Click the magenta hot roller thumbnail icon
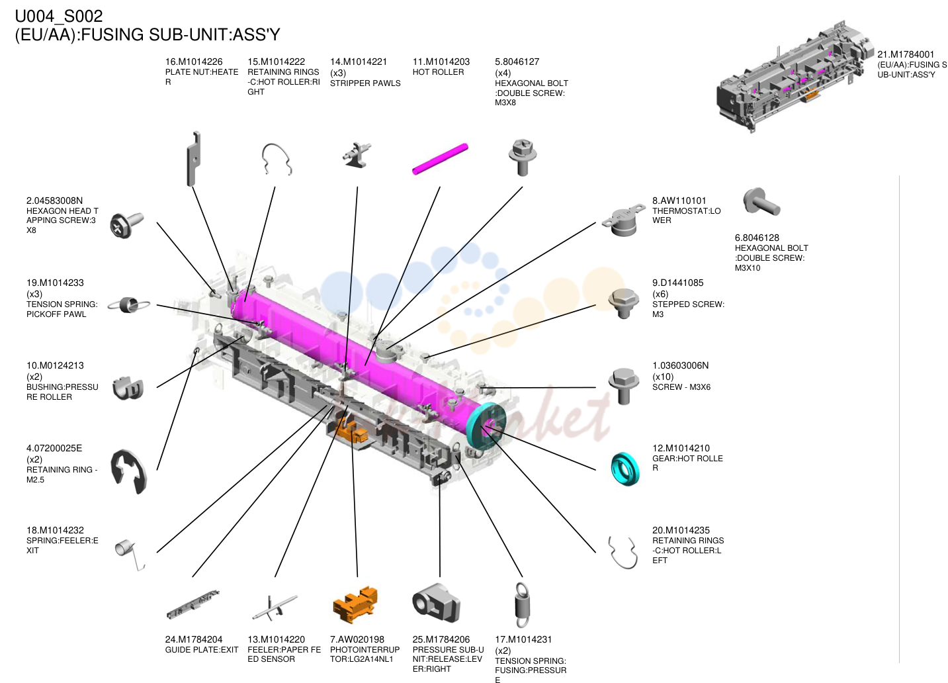pyautogui.click(x=440, y=159)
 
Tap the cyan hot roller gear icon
pyautogui.click(x=625, y=469)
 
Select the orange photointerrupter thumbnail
pyautogui.click(x=355, y=605)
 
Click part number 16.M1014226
pyautogui.click(x=193, y=62)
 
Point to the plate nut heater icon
pyautogui.click(x=193, y=158)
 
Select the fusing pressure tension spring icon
pyautogui.click(x=522, y=605)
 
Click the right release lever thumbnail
pyautogui.click(x=436, y=603)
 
